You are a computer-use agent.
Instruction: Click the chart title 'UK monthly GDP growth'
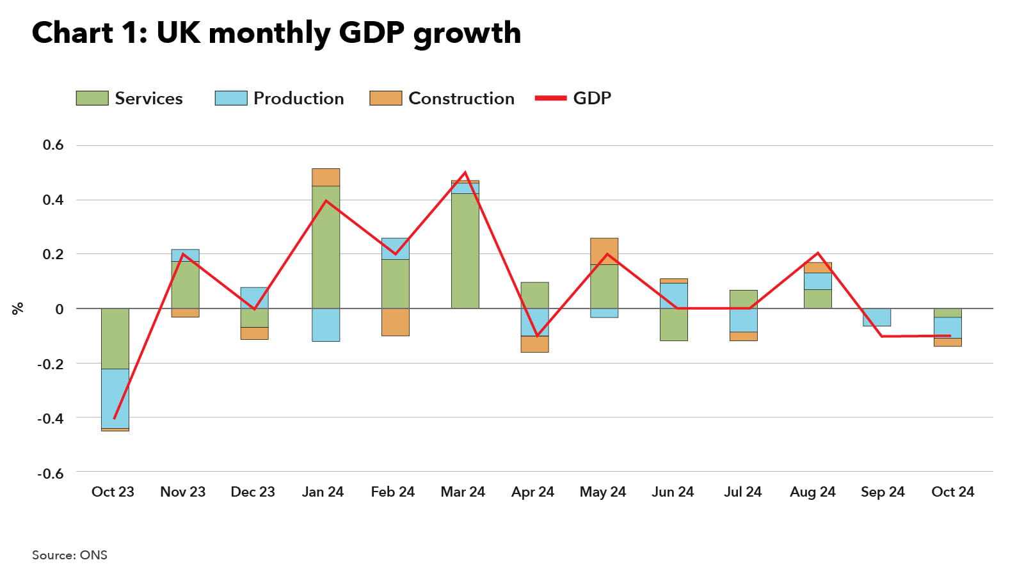point(276,33)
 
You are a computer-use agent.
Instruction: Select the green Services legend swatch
point(92,98)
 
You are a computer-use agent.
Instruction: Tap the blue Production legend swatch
point(230,98)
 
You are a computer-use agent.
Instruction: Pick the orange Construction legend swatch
point(385,98)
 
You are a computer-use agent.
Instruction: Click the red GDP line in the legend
point(550,98)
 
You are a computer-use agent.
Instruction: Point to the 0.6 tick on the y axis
point(53,145)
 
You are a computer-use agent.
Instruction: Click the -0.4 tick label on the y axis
point(51,419)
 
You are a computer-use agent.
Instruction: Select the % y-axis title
point(17,308)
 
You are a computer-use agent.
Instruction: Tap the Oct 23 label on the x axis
point(113,492)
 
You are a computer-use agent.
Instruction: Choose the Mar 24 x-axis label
point(463,492)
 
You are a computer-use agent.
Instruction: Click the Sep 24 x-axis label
point(883,492)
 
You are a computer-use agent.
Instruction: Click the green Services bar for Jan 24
point(326,246)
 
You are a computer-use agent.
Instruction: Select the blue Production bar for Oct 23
point(115,398)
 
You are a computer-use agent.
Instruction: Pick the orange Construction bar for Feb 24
point(396,322)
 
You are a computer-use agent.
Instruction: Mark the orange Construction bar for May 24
point(604,251)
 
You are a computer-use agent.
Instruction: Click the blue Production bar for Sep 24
point(877,317)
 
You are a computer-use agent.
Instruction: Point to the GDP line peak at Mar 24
point(465,173)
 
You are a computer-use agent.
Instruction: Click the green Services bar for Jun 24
point(674,324)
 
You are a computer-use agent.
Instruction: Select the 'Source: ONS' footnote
point(70,555)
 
